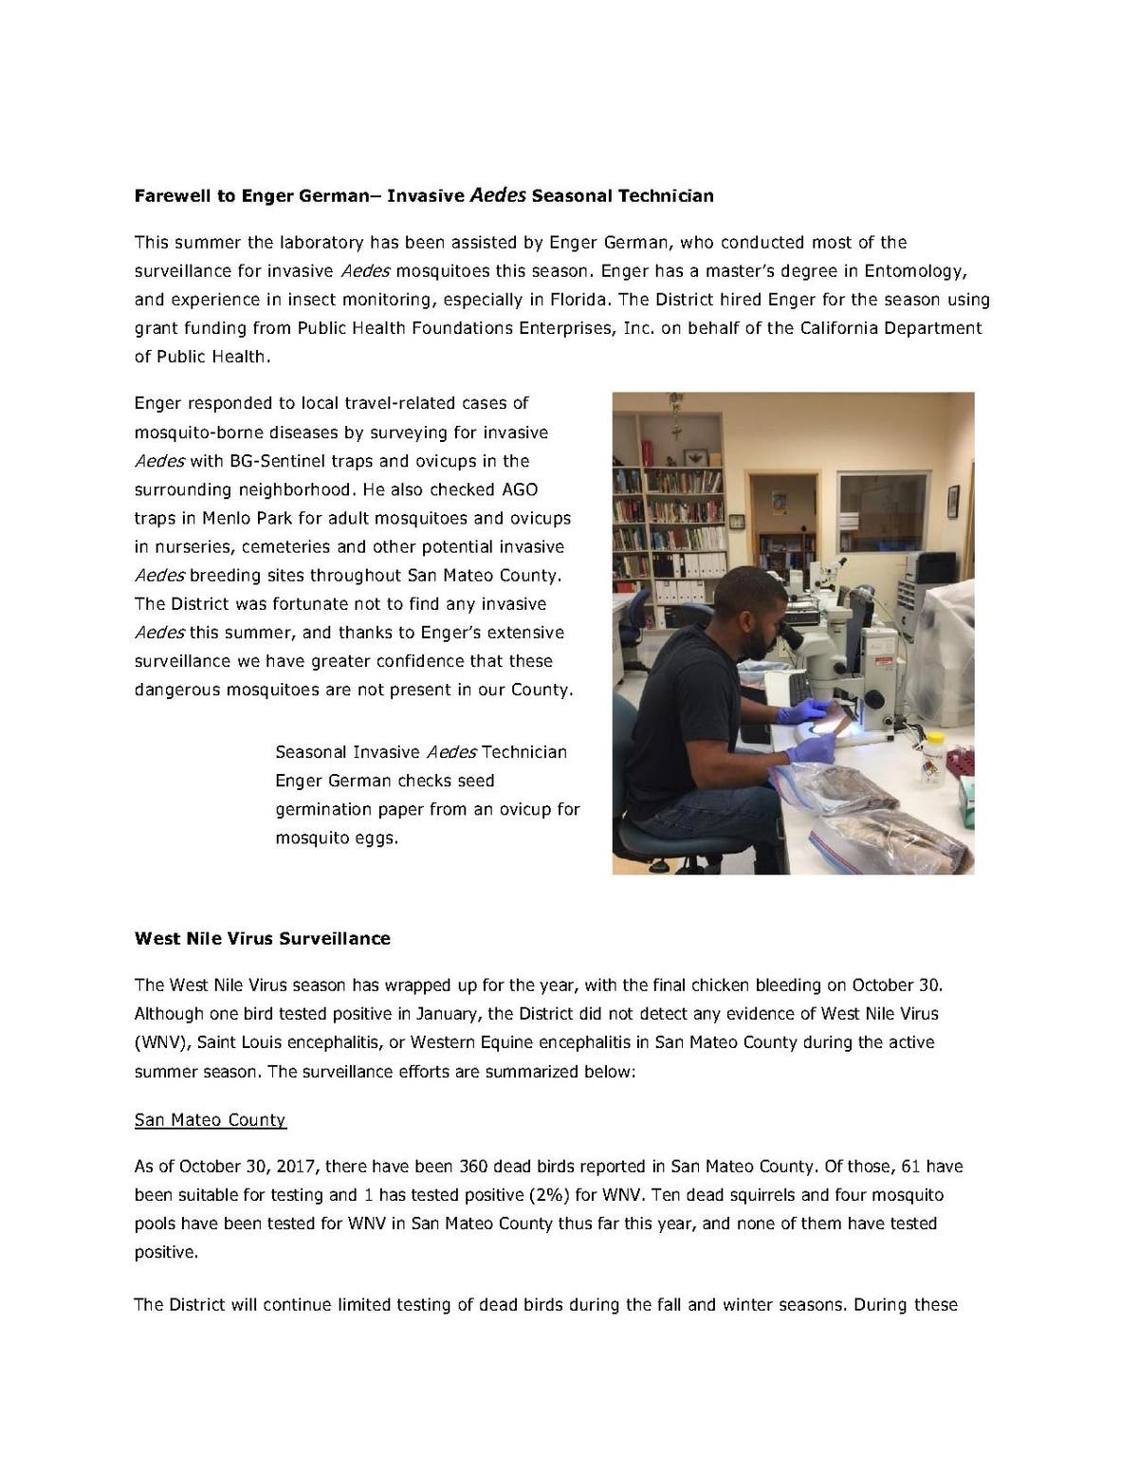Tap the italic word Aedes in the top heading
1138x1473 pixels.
pos(498,195)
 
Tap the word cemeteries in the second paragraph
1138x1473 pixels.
pos(282,546)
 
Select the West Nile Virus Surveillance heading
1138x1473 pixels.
pos(262,938)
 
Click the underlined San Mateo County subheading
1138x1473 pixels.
pos(210,1120)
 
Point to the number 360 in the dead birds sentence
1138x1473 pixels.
pos(473,1166)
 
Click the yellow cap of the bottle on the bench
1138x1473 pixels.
pos(934,737)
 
